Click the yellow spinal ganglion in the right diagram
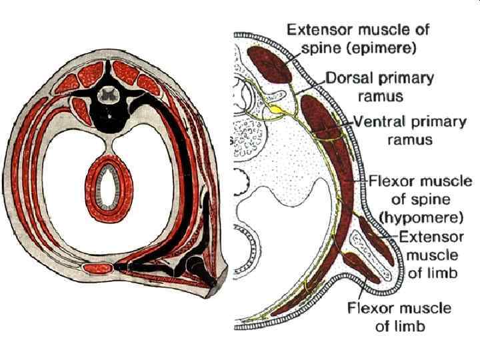pos(274,106)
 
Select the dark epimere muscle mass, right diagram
pos(269,63)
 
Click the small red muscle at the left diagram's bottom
pos(98,270)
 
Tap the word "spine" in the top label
pos(306,49)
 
